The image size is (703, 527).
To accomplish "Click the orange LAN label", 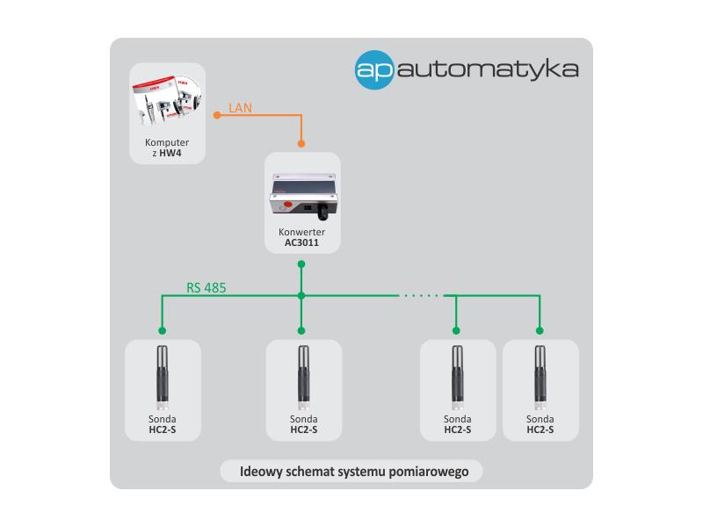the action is pyautogui.click(x=240, y=108).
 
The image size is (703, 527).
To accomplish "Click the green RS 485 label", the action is pyautogui.click(x=207, y=288).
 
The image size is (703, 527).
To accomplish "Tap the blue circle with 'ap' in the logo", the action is pyautogui.click(x=374, y=70).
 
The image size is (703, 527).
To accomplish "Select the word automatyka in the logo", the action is pyautogui.click(x=488, y=69).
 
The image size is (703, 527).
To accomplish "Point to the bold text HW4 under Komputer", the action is pyautogui.click(x=170, y=153).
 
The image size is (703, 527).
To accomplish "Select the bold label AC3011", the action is pyautogui.click(x=301, y=243).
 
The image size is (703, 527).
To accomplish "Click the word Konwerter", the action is pyautogui.click(x=301, y=232).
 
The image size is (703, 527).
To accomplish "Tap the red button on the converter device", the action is pyautogui.click(x=288, y=205).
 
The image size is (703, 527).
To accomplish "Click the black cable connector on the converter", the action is pyautogui.click(x=323, y=211).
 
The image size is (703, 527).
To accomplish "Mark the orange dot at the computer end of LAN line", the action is pyautogui.click(x=217, y=115).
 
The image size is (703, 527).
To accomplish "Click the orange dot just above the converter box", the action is pyautogui.click(x=301, y=144).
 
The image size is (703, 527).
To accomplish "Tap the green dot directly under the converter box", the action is pyautogui.click(x=301, y=264).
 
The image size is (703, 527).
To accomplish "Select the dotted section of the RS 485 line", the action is pyautogui.click(x=421, y=296).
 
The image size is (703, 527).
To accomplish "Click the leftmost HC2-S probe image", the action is pyautogui.click(x=163, y=378).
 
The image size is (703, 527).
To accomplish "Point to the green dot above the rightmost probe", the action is pyautogui.click(x=540, y=331).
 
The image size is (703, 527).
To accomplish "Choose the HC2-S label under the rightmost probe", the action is pyautogui.click(x=540, y=430).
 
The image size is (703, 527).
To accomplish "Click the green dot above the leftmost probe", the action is pyautogui.click(x=163, y=331).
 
